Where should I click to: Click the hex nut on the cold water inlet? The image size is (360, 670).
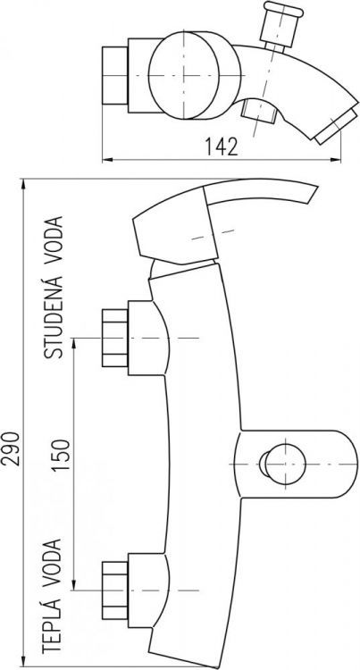pos(115,339)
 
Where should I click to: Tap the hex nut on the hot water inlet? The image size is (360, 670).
pos(115,590)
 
